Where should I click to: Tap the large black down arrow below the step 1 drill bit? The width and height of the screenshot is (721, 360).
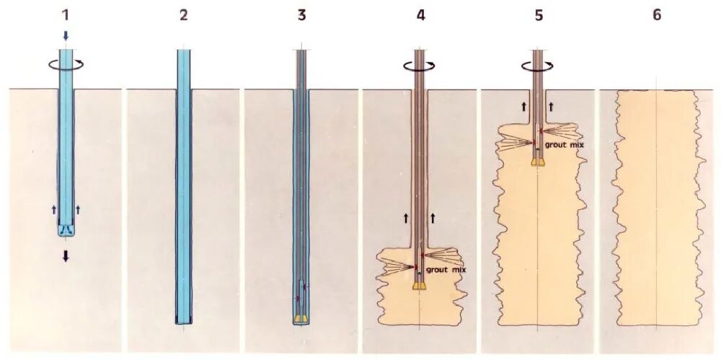(x=66, y=255)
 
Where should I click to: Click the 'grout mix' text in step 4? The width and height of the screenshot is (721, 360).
(x=446, y=269)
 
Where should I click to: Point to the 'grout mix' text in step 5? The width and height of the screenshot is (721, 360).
(x=565, y=145)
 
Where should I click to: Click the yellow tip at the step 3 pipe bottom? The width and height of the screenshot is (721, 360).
(x=301, y=318)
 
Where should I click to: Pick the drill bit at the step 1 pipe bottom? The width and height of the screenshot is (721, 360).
(x=66, y=229)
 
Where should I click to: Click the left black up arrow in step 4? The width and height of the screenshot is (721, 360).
(x=405, y=216)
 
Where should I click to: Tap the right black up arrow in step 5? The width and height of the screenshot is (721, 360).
(x=552, y=106)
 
